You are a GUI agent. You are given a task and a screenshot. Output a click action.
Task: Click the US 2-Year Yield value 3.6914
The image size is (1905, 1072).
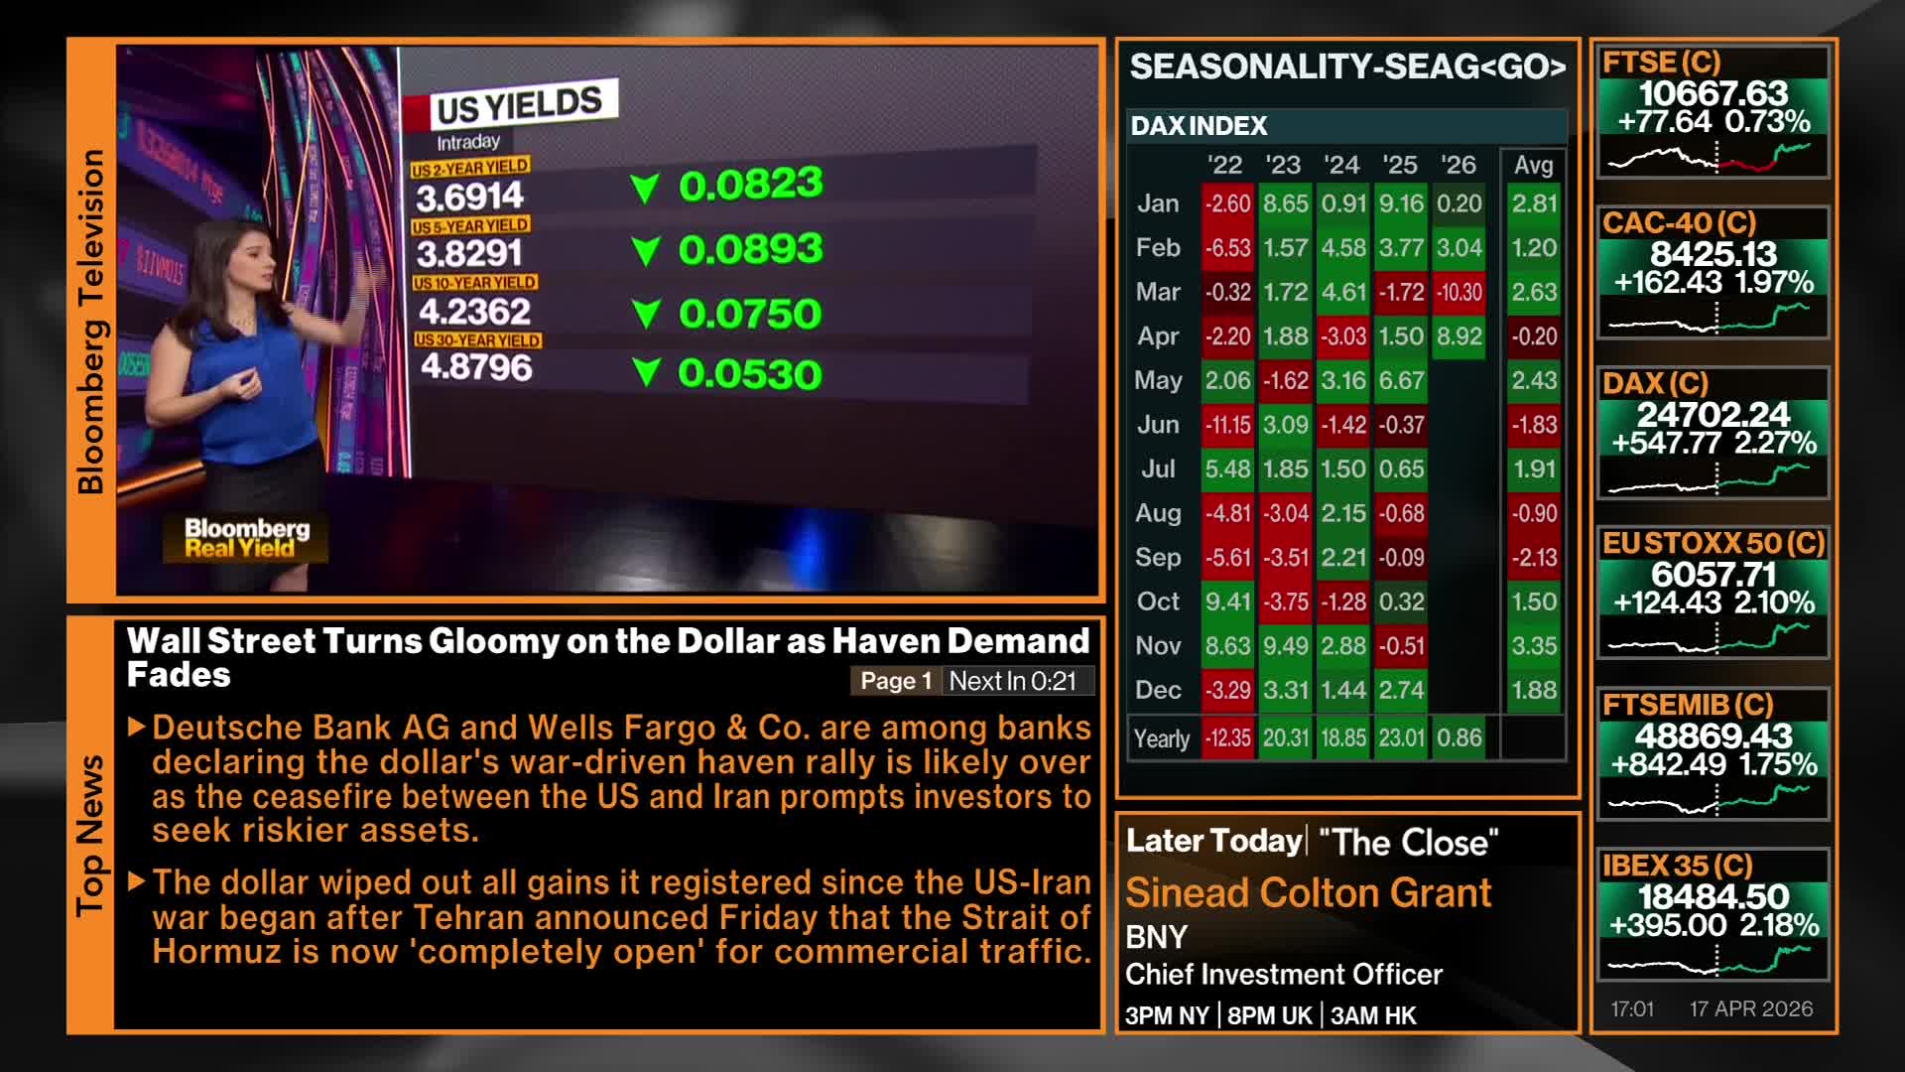pos(469,197)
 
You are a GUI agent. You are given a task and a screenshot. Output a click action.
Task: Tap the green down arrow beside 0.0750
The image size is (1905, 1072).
pos(646,315)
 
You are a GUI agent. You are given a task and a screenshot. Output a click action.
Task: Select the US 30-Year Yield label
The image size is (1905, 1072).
pos(477,340)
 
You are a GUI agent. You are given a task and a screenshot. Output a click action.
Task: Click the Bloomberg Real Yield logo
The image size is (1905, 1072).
pos(246,538)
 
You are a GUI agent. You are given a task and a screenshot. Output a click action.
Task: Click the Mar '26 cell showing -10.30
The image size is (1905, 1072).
pos(1459,292)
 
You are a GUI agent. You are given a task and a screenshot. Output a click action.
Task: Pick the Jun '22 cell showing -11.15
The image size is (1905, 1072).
pos(1227,425)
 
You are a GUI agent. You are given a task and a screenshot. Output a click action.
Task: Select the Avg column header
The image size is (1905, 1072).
pos(1533,165)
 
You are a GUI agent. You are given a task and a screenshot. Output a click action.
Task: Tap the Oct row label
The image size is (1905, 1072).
pos(1158,602)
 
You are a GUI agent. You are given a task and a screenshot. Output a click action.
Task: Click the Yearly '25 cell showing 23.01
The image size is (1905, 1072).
pos(1401,738)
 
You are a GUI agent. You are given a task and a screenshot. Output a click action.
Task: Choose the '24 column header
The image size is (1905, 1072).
pos(1341,165)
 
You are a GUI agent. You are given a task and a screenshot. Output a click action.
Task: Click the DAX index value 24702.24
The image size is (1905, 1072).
pos(1714,414)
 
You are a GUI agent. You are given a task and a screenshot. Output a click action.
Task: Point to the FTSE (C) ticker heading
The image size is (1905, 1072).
pos(1662,63)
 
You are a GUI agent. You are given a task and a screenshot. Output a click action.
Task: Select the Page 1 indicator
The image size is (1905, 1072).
pos(896,681)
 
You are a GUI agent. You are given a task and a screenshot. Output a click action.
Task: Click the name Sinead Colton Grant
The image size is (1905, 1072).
pos(1308,893)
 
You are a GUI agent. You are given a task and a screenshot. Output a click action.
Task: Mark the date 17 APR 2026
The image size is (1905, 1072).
pos(1751,1008)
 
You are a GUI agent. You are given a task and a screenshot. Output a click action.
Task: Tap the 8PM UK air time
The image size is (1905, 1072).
pos(1269,1015)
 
